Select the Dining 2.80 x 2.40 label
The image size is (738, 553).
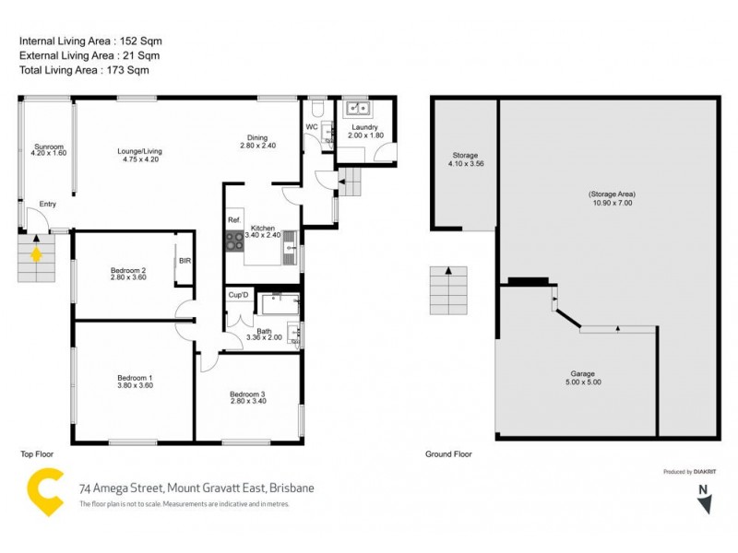(x=257, y=142)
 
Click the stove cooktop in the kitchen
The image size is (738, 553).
(x=234, y=241)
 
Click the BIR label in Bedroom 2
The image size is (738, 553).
(x=184, y=261)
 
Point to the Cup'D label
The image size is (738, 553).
(x=238, y=294)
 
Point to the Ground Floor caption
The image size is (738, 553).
(x=448, y=454)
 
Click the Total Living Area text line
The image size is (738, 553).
(x=83, y=70)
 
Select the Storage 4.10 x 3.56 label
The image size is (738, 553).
(x=465, y=159)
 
